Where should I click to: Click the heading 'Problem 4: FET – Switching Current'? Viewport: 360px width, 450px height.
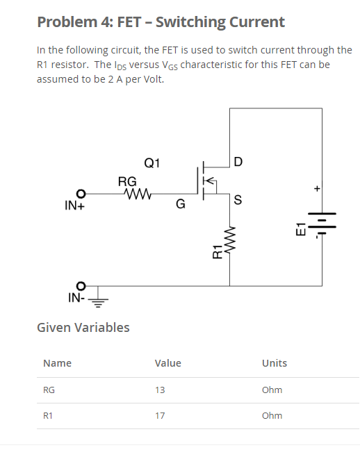(161, 22)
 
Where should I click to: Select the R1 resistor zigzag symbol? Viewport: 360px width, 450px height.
(230, 244)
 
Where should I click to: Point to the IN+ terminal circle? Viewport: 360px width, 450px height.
(81, 193)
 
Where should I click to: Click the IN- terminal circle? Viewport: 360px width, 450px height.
(81, 285)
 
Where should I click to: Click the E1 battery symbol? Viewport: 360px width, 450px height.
(321, 225)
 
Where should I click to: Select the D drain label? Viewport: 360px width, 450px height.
(238, 163)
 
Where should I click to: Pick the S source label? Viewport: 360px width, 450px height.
(238, 201)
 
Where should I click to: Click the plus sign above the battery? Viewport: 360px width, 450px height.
(316, 188)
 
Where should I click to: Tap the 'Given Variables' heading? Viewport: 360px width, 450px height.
(83, 327)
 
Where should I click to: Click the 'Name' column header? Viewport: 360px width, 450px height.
(57, 363)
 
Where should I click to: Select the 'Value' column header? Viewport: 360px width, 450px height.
(167, 363)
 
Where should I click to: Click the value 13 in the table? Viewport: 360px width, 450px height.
(160, 390)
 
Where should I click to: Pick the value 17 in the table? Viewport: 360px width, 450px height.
(160, 415)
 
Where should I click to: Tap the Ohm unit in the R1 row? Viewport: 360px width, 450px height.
(272, 415)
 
